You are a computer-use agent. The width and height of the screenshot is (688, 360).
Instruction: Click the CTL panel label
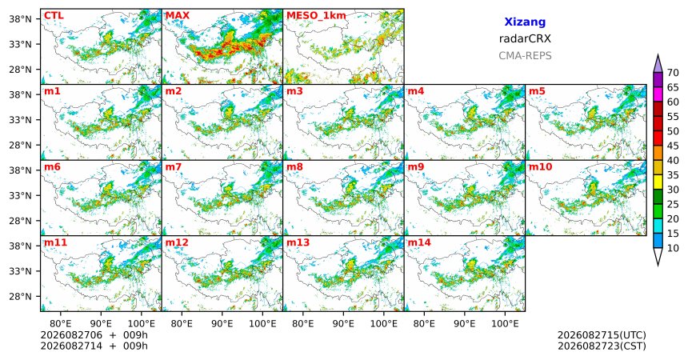[x=54, y=16]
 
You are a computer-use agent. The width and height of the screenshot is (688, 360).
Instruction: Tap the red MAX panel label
[x=178, y=16]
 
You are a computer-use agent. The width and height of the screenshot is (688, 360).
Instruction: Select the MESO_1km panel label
[x=316, y=16]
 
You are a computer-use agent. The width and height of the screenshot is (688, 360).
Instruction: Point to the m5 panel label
[x=537, y=91]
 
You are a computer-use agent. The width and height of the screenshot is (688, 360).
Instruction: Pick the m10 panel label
[x=540, y=167]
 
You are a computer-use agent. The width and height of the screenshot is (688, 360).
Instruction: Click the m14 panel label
[x=419, y=242]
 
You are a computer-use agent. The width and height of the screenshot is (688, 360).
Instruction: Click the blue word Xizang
[x=525, y=22]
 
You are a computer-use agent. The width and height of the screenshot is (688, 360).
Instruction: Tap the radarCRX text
[x=525, y=38]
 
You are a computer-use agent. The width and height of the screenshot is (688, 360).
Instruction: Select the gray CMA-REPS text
[x=525, y=56]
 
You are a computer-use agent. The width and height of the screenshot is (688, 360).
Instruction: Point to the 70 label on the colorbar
[x=673, y=73]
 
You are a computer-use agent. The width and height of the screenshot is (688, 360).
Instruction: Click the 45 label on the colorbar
[x=673, y=146]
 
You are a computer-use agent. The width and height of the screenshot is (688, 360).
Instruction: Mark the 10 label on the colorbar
[x=673, y=248]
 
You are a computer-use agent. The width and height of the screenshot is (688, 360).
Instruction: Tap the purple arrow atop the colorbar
[x=658, y=64]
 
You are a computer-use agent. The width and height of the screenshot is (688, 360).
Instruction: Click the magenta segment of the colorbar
[x=658, y=94]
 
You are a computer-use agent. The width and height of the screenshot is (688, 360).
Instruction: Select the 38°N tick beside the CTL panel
[x=20, y=19]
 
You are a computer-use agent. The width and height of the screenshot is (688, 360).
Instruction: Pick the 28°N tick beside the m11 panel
[x=20, y=296]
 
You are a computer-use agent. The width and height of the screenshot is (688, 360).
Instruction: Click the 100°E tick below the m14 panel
[x=505, y=324]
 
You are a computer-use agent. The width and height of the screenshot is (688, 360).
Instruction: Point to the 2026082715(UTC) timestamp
[x=602, y=335]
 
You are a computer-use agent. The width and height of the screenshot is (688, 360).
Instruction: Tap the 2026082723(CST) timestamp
[x=602, y=346]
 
